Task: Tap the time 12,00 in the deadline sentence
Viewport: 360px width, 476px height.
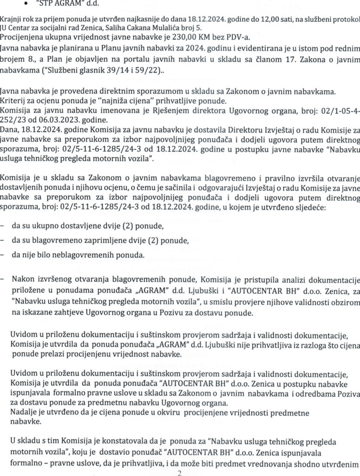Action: [264, 19]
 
